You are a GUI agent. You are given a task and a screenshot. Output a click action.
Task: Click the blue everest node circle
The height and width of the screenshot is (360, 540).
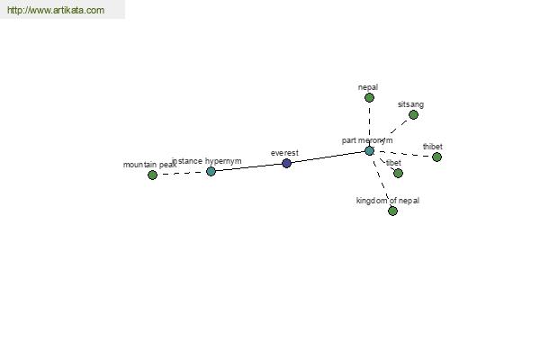tap(286, 163)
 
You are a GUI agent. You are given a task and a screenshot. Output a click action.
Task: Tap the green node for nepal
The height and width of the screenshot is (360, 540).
tap(369, 98)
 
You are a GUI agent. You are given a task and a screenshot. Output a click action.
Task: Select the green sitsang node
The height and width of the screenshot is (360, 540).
tap(413, 114)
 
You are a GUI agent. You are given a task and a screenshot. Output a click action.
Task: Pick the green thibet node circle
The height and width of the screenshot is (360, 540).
tap(436, 157)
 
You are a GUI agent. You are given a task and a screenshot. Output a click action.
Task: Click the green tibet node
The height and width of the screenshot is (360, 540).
tap(398, 174)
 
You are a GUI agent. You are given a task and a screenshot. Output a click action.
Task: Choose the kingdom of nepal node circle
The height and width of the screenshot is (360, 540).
tap(392, 211)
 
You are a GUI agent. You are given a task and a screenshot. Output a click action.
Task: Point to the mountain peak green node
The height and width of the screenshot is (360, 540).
tap(152, 175)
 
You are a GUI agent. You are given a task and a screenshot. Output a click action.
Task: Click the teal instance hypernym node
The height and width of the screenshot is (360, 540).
tap(211, 171)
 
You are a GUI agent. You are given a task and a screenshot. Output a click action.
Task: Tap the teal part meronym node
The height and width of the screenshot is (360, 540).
tap(369, 151)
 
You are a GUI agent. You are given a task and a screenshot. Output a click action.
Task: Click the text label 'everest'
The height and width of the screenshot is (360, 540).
tap(284, 153)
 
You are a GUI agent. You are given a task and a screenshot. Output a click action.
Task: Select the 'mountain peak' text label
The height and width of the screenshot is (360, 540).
tap(149, 165)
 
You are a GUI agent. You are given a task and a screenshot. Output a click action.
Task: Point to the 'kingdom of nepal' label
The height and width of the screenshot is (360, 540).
tap(388, 201)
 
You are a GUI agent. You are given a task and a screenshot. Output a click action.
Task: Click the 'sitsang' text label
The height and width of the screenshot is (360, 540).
tap(410, 104)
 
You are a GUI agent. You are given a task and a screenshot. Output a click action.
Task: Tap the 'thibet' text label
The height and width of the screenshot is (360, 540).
tap(433, 147)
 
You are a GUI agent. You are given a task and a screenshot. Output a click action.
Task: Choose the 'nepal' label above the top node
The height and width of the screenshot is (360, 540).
tap(368, 87)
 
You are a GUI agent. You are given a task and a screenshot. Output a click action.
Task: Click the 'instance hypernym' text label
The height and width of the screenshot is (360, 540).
tap(207, 161)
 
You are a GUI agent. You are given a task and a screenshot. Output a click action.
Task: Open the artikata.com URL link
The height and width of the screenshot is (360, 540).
tap(56, 10)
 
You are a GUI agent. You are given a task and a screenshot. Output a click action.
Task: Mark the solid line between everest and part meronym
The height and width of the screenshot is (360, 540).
tap(328, 157)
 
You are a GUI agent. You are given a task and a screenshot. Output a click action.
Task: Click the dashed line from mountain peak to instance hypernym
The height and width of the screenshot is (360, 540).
tap(182, 173)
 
